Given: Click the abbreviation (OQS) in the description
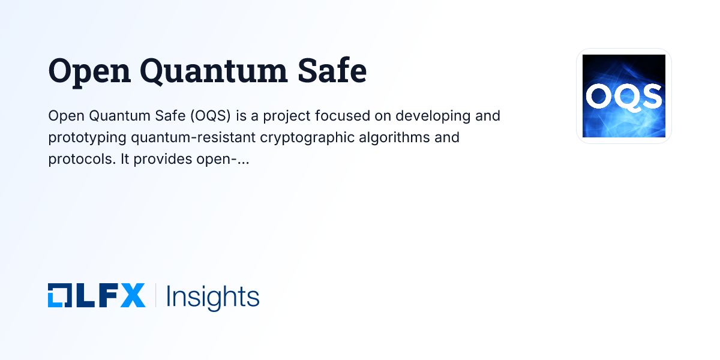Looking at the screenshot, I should click(x=207, y=115).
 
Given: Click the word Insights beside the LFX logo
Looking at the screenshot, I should click(x=212, y=296).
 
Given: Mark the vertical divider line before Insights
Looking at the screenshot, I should click(x=155, y=296).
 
